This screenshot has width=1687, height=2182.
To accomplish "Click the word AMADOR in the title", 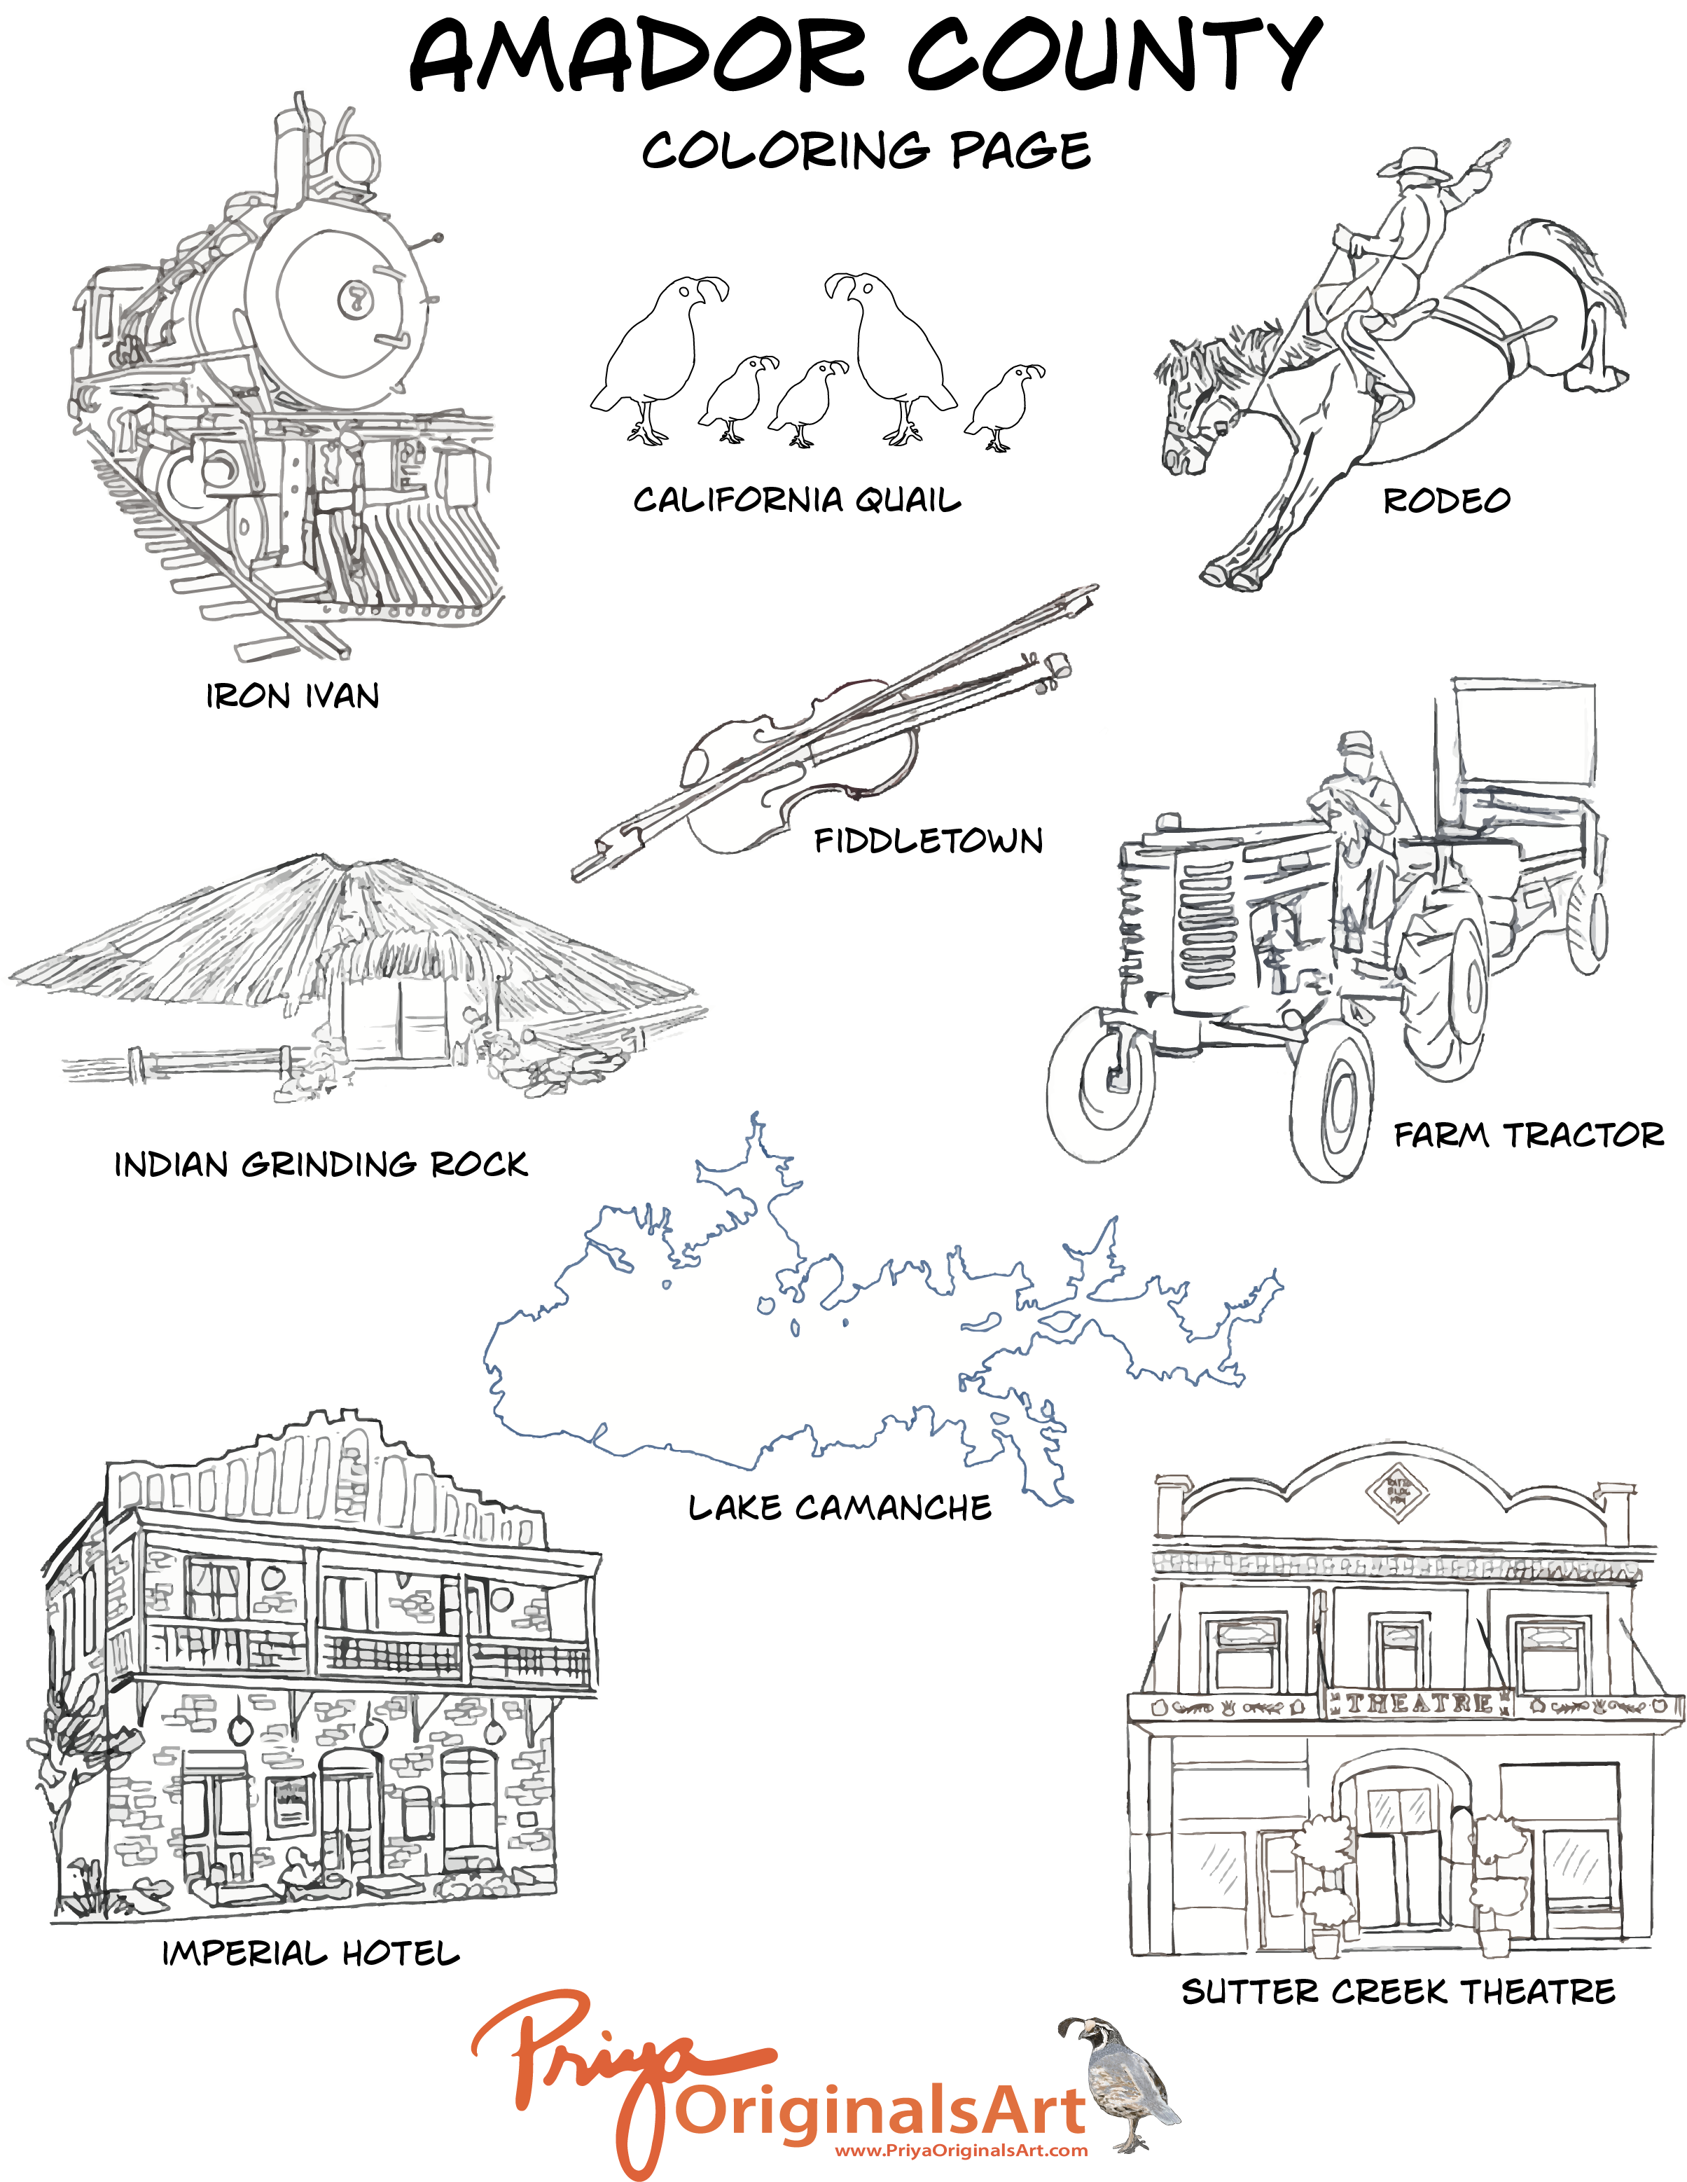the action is (x=637, y=56).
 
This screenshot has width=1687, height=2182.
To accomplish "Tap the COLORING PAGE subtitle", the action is (x=866, y=150).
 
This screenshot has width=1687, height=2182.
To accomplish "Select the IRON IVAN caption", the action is (x=293, y=696).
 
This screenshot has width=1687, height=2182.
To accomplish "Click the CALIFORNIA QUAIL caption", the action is (x=797, y=499).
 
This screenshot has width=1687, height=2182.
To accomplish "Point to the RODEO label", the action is (x=1446, y=501).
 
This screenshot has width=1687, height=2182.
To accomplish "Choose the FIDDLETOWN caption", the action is (x=929, y=841).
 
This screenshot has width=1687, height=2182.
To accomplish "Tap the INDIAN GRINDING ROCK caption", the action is (x=321, y=1164).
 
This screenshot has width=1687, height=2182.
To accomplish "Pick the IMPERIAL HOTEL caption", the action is (x=311, y=1953).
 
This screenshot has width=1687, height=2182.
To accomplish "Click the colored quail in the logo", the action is (x=1118, y=2083).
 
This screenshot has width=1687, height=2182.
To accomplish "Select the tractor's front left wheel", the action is (x=1102, y=1085).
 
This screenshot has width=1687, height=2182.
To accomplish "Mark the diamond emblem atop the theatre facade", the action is (x=1397, y=1493).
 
